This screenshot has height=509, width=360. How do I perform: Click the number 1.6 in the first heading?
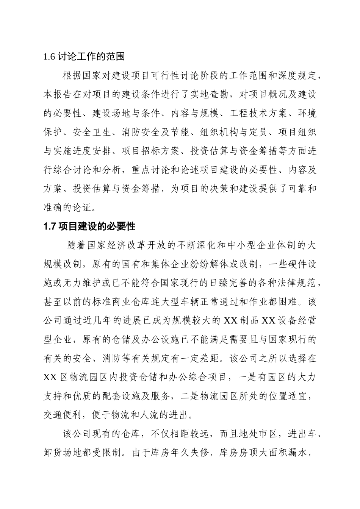tap(50, 57)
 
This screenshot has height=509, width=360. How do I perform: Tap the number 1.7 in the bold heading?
tap(50, 226)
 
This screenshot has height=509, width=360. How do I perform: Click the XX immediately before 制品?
tap(230, 321)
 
